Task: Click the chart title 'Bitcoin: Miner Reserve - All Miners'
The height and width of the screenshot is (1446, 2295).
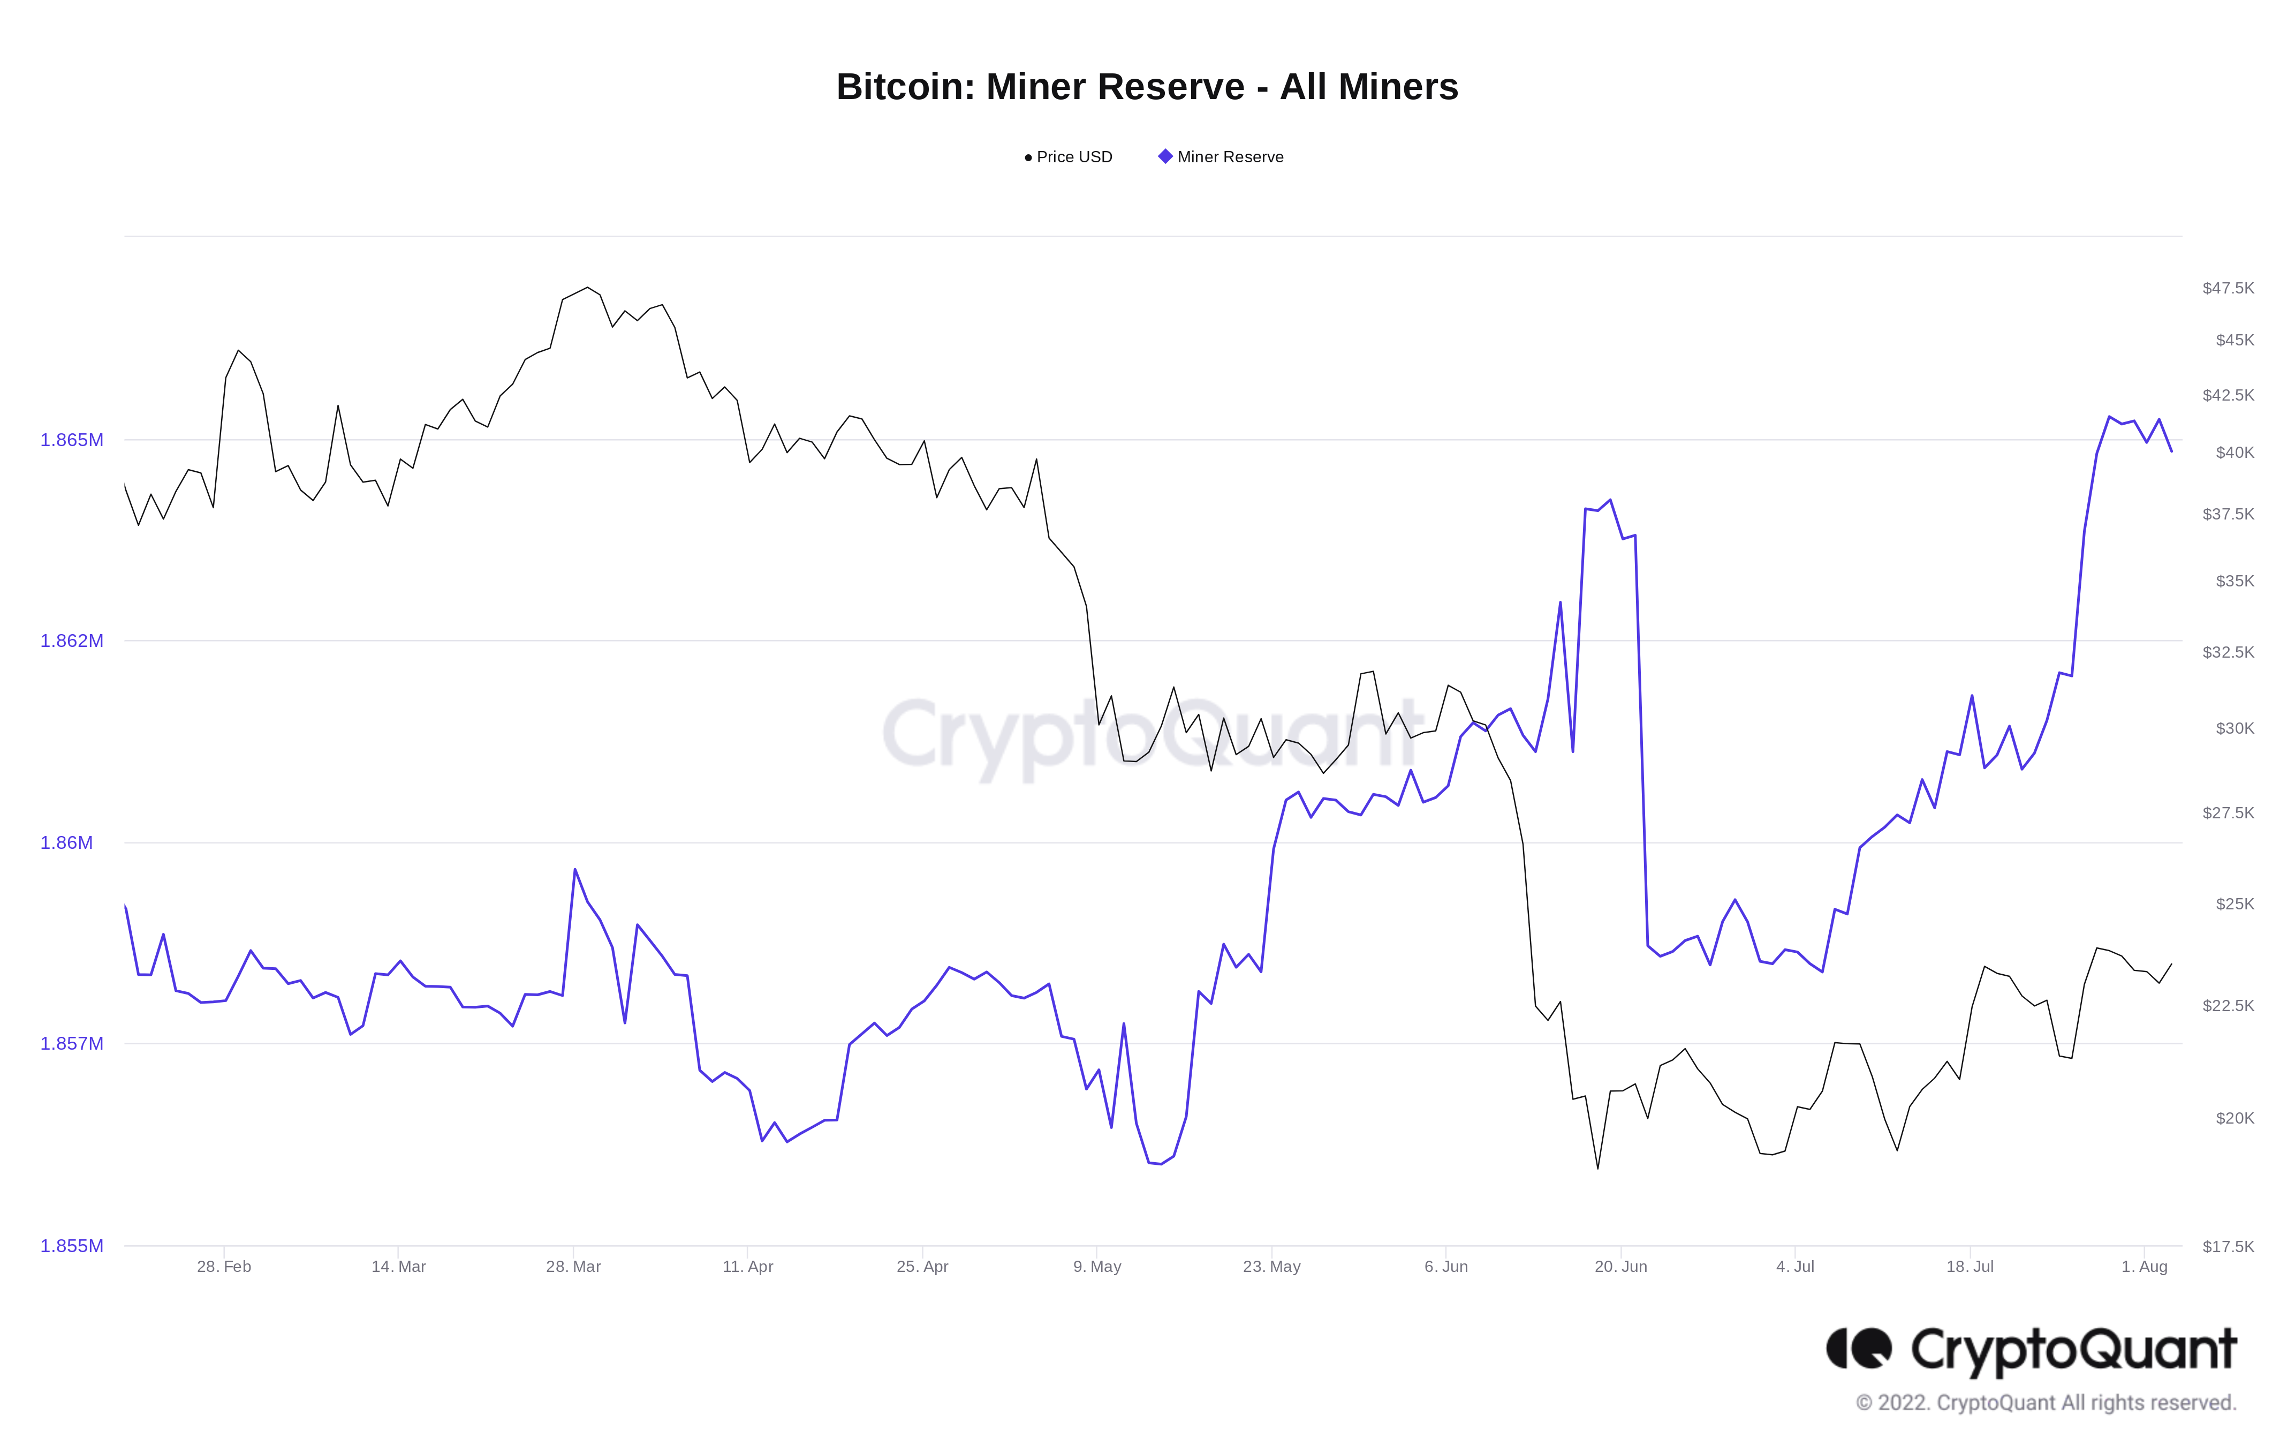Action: [x=1147, y=87]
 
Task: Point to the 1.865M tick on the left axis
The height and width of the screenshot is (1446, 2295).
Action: [x=72, y=440]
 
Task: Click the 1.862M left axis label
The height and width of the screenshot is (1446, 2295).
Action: [x=72, y=642]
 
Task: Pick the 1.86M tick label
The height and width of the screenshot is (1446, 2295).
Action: [x=67, y=842]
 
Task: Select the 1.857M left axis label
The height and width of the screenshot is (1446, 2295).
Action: [x=72, y=1044]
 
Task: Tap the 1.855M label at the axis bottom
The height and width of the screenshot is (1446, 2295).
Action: [x=72, y=1246]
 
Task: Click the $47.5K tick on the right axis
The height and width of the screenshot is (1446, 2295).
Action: [x=2228, y=289]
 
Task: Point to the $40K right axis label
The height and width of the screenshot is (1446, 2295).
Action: [x=2234, y=453]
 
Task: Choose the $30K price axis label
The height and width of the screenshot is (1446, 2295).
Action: [x=2234, y=728]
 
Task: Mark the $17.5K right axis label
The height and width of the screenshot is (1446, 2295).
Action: [x=2228, y=1247]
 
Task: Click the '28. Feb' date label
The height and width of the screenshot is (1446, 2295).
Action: [x=224, y=1267]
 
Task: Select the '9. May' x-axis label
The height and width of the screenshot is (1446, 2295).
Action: [x=1097, y=1267]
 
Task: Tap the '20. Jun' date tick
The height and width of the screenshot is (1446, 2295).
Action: [x=1620, y=1267]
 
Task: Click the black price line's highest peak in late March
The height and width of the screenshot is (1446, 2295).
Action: [x=587, y=288]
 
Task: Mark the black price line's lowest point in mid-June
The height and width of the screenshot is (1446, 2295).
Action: [x=1599, y=1169]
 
